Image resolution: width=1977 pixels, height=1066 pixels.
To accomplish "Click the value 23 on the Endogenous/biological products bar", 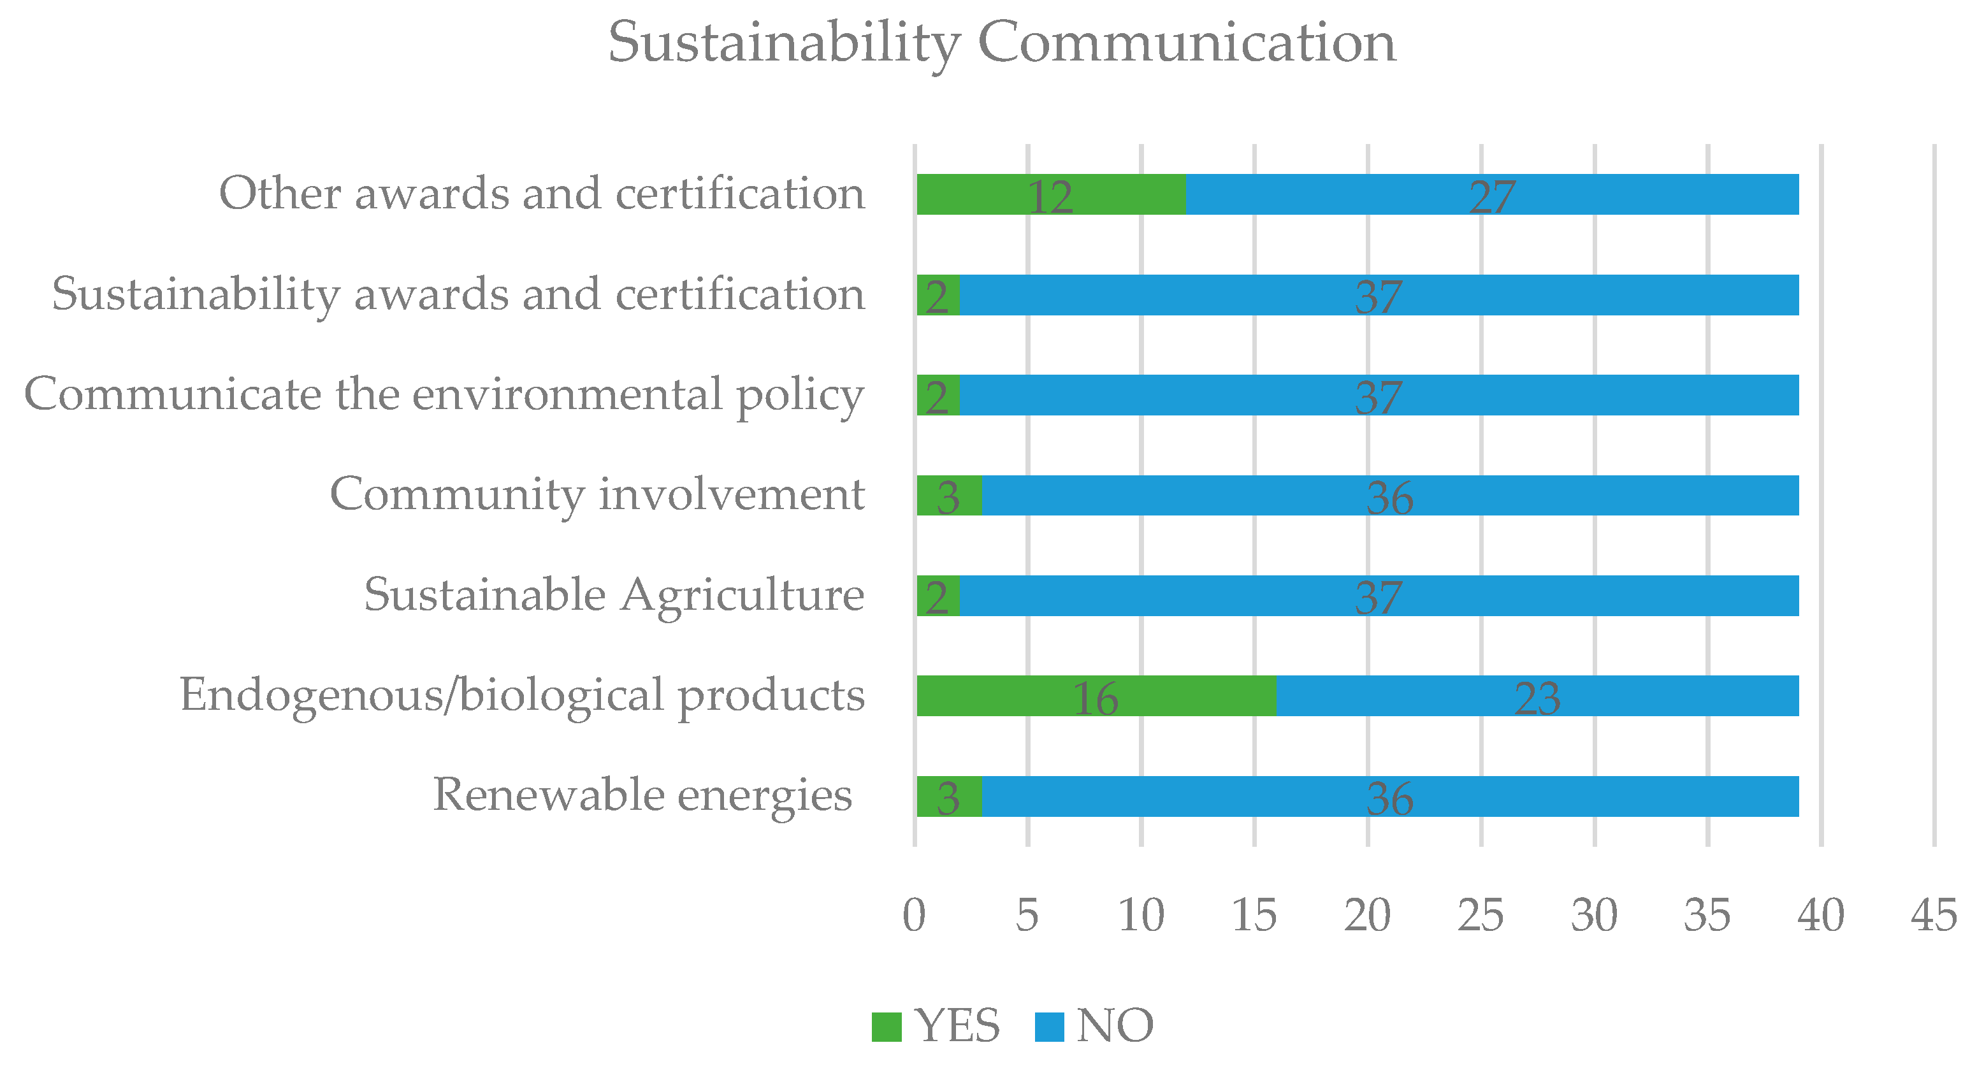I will coord(1537,698).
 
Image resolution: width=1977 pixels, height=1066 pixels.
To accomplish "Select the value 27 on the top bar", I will coord(1492,196).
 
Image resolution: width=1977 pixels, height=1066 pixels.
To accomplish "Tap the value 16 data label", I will coord(1095,698).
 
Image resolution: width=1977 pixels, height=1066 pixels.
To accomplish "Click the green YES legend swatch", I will coord(887,1026).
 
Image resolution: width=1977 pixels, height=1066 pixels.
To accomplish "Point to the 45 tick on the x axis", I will coord(1933,915).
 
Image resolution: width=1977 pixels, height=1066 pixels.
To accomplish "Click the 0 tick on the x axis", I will coord(914,915).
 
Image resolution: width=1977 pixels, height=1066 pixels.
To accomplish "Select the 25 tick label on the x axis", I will coord(1481,915).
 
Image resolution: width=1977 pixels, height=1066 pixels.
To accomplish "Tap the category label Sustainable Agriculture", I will coord(614,596).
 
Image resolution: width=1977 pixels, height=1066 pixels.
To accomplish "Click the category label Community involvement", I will coord(597,494).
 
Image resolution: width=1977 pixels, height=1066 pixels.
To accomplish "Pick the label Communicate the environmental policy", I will coord(444,394).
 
